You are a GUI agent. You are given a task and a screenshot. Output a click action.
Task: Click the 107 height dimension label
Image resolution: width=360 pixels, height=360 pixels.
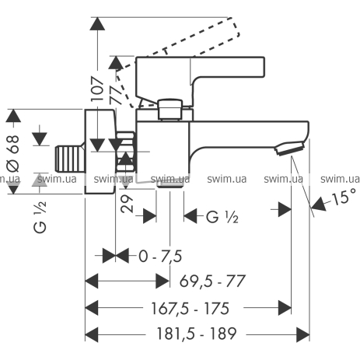tap(97, 89)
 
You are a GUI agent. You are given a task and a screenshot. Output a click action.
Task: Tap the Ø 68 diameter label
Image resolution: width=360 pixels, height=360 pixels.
tap(13, 153)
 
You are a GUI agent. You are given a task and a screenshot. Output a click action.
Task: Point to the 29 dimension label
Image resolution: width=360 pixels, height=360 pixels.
tap(127, 204)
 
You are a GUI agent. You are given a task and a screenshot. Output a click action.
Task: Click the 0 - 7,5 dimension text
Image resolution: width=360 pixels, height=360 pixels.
tap(160, 257)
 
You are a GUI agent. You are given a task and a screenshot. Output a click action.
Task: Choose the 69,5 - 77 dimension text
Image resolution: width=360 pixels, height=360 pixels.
tap(212, 281)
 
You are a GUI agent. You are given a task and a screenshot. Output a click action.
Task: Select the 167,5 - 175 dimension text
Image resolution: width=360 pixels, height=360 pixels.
tap(190, 309)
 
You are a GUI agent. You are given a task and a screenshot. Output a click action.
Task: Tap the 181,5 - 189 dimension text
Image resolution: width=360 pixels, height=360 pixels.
tap(197, 334)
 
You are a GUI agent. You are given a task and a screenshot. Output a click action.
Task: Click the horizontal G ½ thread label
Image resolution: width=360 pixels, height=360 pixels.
tap(222, 217)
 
